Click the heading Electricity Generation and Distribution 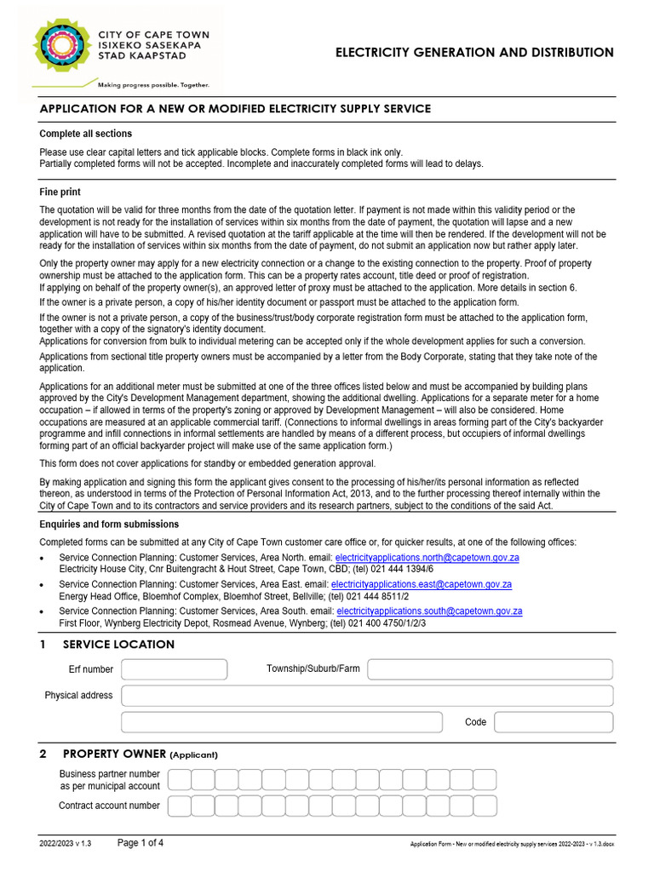pyautogui.click(x=474, y=53)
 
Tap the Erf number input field pyautogui.click(x=174, y=669)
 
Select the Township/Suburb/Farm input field pyautogui.click(x=490, y=669)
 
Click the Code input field pyautogui.click(x=553, y=722)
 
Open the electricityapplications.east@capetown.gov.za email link pyautogui.click(x=421, y=585)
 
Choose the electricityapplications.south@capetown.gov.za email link pyautogui.click(x=429, y=611)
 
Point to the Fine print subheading pyautogui.click(x=60, y=192)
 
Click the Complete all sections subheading pyautogui.click(x=86, y=134)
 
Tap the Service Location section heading pyautogui.click(x=118, y=645)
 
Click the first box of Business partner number pyautogui.click(x=179, y=779)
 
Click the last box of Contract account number pyautogui.click(x=485, y=806)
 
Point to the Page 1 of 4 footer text pyautogui.click(x=141, y=843)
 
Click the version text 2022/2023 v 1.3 pyautogui.click(x=65, y=844)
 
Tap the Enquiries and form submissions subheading pyautogui.click(x=109, y=524)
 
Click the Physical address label pyautogui.click(x=78, y=696)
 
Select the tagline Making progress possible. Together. pyautogui.click(x=153, y=85)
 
